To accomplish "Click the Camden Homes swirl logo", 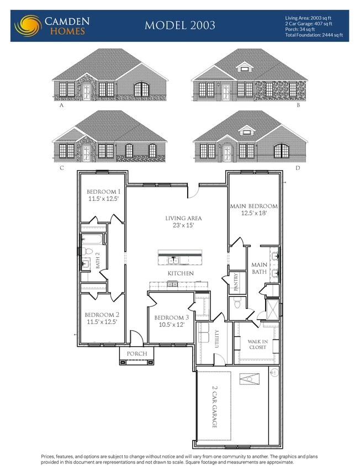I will coord(28,25).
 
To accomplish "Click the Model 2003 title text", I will coord(179,25).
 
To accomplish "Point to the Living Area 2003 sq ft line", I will coord(309,18).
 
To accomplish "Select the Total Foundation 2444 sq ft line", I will coord(313,35).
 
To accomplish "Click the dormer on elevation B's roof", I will coord(243,67).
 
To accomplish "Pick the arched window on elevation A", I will coord(142,89).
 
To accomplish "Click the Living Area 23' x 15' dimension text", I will coord(183,225).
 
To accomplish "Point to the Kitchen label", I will coord(181,273).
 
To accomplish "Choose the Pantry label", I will coord(236,282).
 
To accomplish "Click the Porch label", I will coord(137,354).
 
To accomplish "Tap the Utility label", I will coord(217,337).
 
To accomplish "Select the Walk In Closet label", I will coord(257,345).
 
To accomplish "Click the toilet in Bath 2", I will coord(87,252).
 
